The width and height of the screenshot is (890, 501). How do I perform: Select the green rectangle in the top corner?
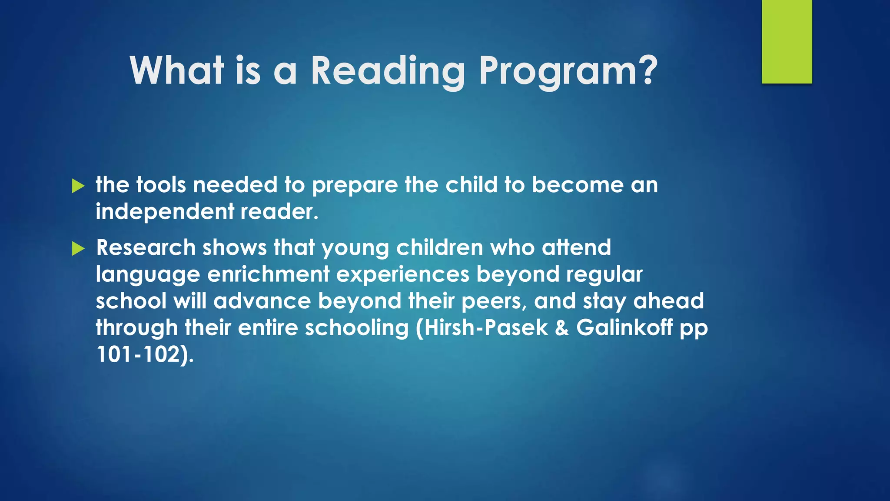787,42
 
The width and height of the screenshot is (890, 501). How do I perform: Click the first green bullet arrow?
78,186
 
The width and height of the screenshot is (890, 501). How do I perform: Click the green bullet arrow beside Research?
78,249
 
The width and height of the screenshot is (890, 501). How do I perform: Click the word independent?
165,212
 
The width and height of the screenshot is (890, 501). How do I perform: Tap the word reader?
279,212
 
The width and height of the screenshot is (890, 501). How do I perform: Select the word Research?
146,247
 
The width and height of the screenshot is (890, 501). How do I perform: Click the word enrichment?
268,274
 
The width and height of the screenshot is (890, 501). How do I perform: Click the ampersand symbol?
562,328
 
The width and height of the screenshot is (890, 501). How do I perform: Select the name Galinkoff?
624,328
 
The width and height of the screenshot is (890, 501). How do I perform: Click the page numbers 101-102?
138,355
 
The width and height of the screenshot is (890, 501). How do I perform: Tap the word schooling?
357,329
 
